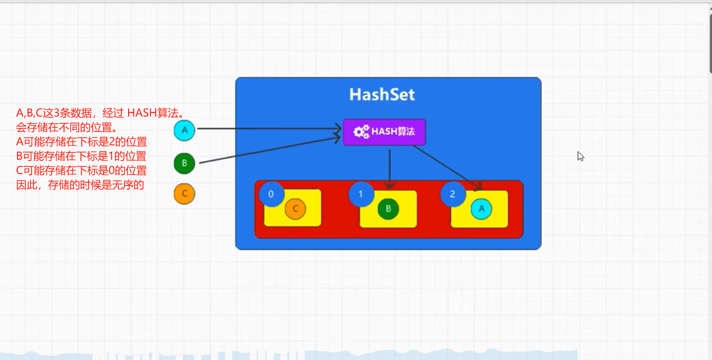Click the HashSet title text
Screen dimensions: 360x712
click(382, 94)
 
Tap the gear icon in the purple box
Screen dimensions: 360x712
click(361, 132)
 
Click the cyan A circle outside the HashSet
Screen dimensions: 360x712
click(184, 131)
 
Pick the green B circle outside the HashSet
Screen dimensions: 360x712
click(184, 163)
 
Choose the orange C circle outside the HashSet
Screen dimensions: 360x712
click(184, 194)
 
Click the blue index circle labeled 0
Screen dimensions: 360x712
click(271, 194)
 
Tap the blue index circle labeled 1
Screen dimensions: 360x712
click(361, 194)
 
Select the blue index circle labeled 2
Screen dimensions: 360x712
click(452, 194)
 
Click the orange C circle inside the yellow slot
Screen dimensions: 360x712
click(295, 209)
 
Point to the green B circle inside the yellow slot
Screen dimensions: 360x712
click(388, 209)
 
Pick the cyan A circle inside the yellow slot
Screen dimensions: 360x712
click(481, 209)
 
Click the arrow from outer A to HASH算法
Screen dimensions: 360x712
click(267, 129)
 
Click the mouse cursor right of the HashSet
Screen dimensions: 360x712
click(580, 156)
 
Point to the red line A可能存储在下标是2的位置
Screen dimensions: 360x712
click(81, 142)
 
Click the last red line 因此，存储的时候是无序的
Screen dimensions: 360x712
click(80, 185)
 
